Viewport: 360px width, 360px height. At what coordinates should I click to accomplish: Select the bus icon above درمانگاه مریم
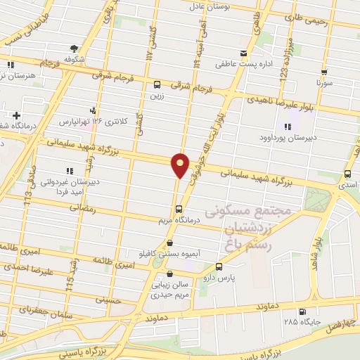pos(179,209)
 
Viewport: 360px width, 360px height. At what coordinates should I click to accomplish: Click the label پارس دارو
pos(219,278)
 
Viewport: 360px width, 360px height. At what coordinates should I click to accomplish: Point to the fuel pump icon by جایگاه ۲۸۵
pos(303,312)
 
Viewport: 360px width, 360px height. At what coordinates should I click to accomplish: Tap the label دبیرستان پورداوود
pos(287,138)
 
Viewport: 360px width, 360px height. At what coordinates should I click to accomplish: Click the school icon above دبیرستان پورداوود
pos(287,127)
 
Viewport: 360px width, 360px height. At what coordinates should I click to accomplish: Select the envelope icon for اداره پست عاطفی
pos(244,53)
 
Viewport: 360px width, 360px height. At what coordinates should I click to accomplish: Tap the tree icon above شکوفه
pos(74,49)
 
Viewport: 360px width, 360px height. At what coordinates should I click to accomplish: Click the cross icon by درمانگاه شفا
pos(17,115)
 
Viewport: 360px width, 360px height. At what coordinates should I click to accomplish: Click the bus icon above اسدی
pos(348,174)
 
